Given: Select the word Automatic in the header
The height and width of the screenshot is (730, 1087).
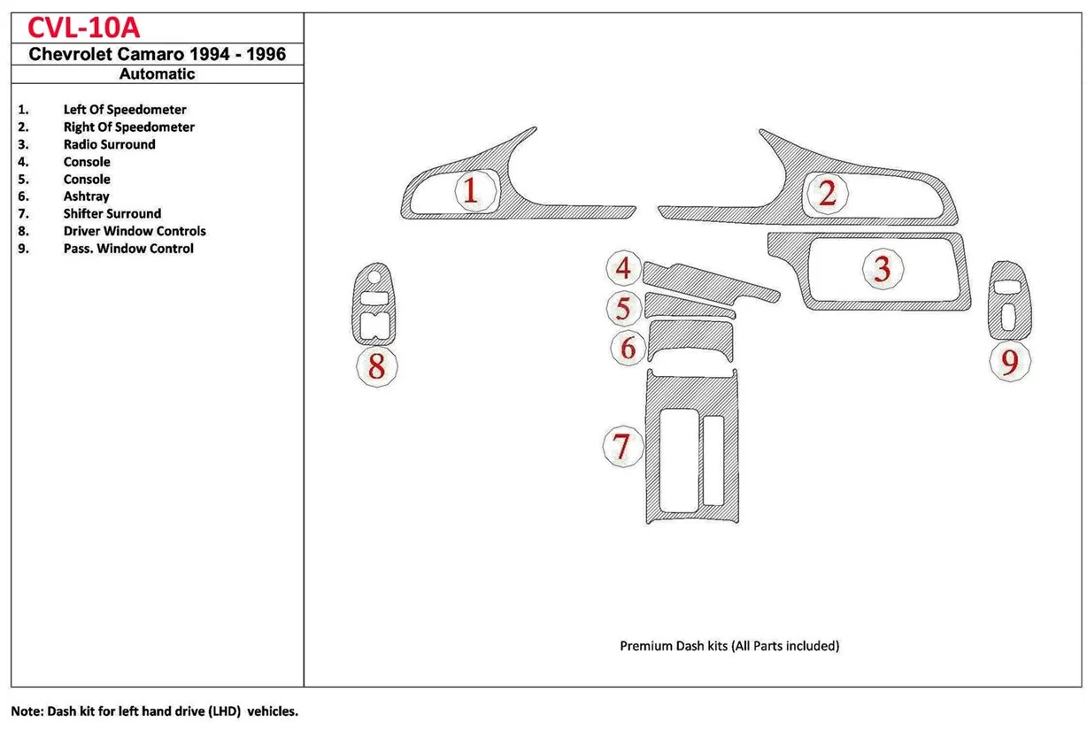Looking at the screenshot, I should coord(158,74).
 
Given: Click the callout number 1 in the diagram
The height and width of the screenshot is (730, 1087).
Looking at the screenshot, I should coord(470,190).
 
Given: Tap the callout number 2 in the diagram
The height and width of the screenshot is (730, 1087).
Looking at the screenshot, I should coord(827,193).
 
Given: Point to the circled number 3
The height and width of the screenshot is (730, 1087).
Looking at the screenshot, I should coord(882,268).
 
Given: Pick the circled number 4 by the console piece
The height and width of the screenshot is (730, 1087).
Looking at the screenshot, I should coord(624,267).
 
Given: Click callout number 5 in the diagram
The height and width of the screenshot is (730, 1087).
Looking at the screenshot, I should coord(624,309).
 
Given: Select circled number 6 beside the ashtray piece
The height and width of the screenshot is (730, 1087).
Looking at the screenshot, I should coord(628,348).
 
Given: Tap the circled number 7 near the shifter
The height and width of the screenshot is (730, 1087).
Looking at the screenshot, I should coord(622,446).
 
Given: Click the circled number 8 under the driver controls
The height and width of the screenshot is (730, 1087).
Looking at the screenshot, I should coord(376,365).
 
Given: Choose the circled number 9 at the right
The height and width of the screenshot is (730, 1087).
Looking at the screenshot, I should coord(1010,360).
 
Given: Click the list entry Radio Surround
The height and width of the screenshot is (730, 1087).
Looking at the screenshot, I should coord(109,144).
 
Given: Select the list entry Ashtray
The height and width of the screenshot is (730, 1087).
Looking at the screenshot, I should coord(86,196).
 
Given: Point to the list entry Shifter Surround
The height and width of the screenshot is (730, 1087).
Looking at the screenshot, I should coord(112,213).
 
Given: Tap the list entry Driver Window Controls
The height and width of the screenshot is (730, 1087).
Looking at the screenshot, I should coord(135,231).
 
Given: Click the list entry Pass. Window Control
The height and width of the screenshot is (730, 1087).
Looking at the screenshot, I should coord(128,249).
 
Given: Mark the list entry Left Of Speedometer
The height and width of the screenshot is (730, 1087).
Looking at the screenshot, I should coord(125,110).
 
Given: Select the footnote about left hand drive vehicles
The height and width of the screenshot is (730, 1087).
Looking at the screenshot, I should coord(154,711).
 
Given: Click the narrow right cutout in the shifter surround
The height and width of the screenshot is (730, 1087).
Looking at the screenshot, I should coord(713,460).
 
